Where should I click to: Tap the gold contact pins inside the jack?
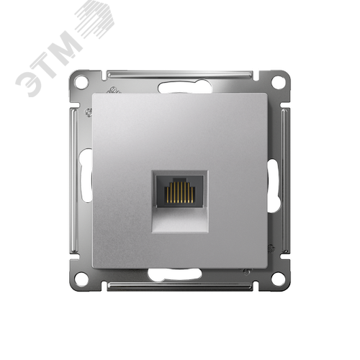tap(179, 192)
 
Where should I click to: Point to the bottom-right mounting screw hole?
tap(277, 278)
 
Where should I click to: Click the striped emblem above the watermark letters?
tap(96, 14)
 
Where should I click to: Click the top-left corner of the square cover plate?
tap(94, 94)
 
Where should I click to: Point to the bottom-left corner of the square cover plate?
tap(94, 267)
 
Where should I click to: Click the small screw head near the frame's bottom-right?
tap(246, 271)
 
